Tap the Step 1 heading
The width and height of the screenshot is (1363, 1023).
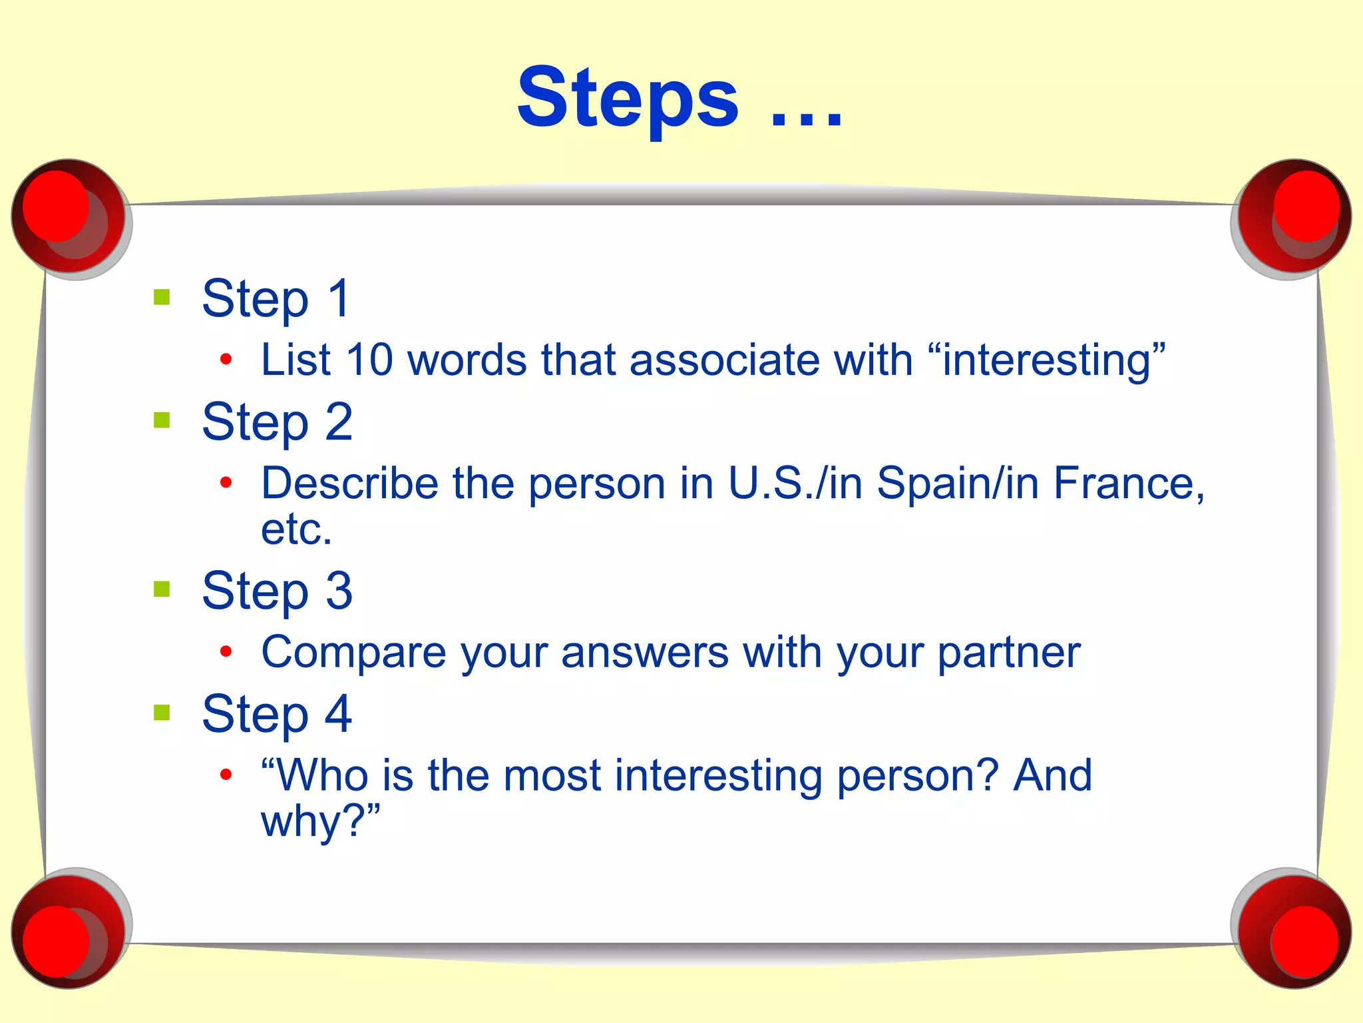click(x=276, y=298)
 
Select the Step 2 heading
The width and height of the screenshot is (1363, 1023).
click(x=277, y=422)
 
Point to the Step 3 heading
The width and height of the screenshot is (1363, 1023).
click(x=277, y=591)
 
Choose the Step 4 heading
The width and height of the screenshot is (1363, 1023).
click(x=277, y=714)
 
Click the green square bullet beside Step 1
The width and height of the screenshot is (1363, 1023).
click(x=162, y=296)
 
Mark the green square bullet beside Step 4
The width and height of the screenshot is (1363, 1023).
click(x=162, y=713)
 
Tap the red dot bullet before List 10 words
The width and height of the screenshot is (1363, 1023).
click(x=226, y=360)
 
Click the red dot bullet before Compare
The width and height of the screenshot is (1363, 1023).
click(x=226, y=651)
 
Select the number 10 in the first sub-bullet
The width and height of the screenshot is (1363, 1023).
click(x=370, y=360)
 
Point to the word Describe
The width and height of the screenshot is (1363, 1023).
click(x=349, y=483)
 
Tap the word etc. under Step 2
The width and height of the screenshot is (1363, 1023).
click(x=296, y=529)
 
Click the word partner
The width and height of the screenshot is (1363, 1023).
click(x=1009, y=653)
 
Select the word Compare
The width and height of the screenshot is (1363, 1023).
click(x=353, y=653)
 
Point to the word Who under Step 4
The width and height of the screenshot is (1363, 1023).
click(x=322, y=776)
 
